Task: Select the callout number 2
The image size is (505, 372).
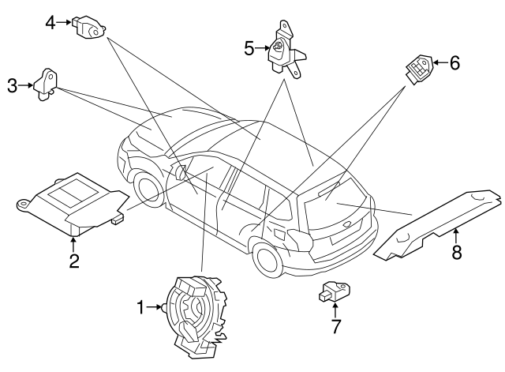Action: pyautogui.click(x=73, y=261)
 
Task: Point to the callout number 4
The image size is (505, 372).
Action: pyautogui.click(x=50, y=23)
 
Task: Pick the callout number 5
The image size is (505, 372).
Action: pyautogui.click(x=249, y=49)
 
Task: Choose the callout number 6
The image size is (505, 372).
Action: pyautogui.click(x=454, y=63)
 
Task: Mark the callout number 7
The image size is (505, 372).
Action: pyautogui.click(x=335, y=325)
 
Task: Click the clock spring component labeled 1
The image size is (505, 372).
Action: pyautogui.click(x=193, y=310)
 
